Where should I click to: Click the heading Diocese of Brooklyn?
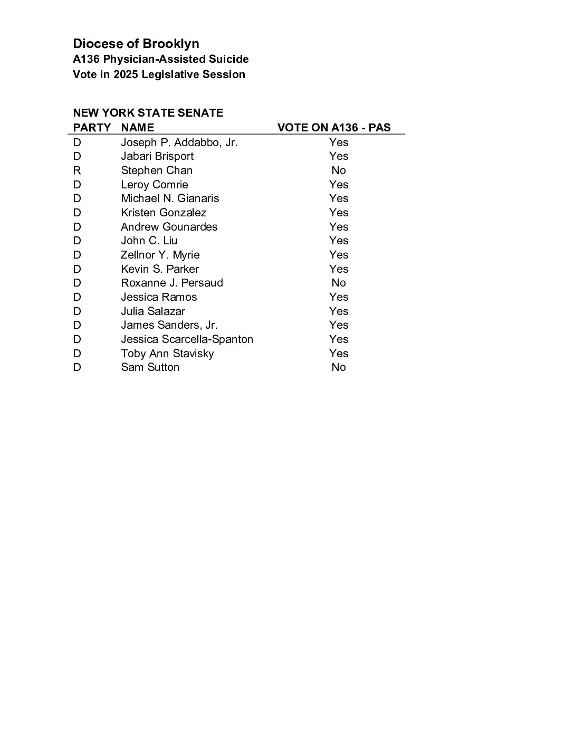(136, 44)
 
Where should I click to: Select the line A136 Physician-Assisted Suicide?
(161, 59)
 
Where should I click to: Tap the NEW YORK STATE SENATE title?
(148, 113)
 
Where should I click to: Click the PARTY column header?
(92, 128)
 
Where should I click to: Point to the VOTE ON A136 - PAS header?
(334, 128)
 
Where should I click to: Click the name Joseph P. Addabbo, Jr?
(179, 142)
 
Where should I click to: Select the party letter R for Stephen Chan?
(77, 170)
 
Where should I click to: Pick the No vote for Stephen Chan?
(339, 170)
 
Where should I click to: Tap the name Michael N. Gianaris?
(170, 198)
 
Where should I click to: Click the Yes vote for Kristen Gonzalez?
(339, 213)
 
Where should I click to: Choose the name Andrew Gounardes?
(169, 227)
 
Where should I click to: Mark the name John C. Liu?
(149, 241)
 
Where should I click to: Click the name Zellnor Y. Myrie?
(160, 255)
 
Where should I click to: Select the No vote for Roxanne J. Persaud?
(339, 283)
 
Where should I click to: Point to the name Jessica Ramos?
(159, 297)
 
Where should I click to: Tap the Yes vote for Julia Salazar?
(339, 311)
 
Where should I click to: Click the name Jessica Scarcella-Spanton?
(187, 339)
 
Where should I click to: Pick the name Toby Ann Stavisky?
(167, 354)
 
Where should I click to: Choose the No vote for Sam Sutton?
(339, 367)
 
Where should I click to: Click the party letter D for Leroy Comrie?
(77, 185)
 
